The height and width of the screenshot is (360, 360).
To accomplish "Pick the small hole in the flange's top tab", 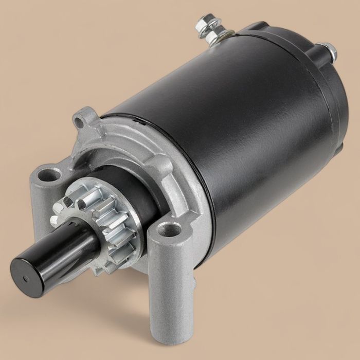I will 78,122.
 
